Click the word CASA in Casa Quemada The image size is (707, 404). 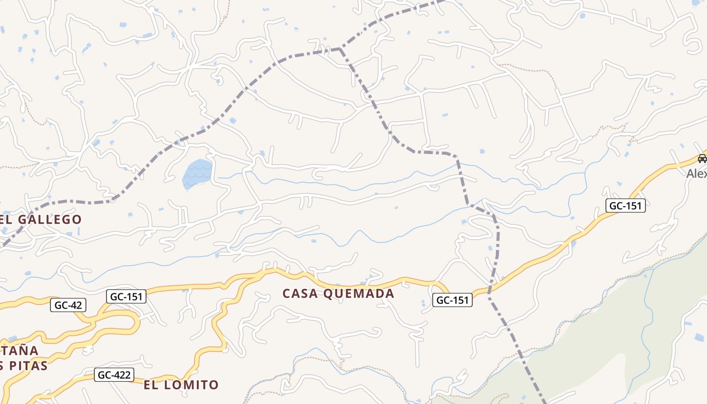(302, 293)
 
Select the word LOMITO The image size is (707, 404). (193, 385)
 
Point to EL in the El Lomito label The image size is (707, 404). (151, 385)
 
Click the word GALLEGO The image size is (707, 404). (50, 220)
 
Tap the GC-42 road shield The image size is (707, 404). (68, 305)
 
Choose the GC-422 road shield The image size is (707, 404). (114, 375)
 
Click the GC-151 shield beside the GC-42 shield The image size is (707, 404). (126, 296)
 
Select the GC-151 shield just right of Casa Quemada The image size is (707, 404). (452, 300)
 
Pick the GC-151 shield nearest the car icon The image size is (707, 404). (626, 206)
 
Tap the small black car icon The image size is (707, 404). (702, 159)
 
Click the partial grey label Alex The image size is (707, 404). (696, 174)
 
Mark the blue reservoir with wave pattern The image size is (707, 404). (197, 174)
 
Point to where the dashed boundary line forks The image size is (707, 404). (340, 48)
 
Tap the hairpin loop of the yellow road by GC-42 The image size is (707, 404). (135, 323)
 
